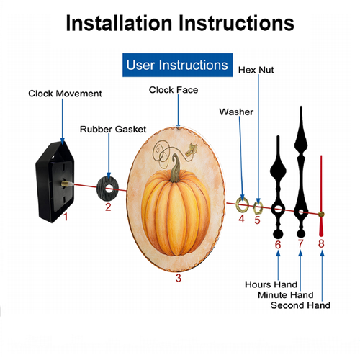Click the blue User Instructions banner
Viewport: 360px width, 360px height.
[x=177, y=65]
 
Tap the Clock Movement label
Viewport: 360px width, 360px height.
[x=65, y=94]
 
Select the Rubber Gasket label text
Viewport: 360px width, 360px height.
[x=113, y=130]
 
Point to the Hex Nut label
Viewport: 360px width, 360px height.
[x=256, y=70]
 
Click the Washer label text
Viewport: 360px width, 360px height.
[x=236, y=112]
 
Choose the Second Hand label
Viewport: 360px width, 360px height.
[x=300, y=305]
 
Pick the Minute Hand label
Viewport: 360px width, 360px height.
[x=286, y=295]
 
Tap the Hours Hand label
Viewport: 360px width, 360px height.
[x=271, y=284]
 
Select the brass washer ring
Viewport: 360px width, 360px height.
[x=238, y=205]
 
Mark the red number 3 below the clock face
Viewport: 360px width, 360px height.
[x=179, y=278]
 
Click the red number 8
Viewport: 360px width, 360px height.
[x=321, y=243]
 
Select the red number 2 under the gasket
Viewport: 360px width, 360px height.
[x=108, y=207]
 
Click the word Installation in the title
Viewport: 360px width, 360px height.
[x=119, y=23]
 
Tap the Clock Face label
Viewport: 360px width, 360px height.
[x=174, y=90]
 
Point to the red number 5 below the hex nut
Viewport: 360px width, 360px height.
[x=257, y=220]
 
